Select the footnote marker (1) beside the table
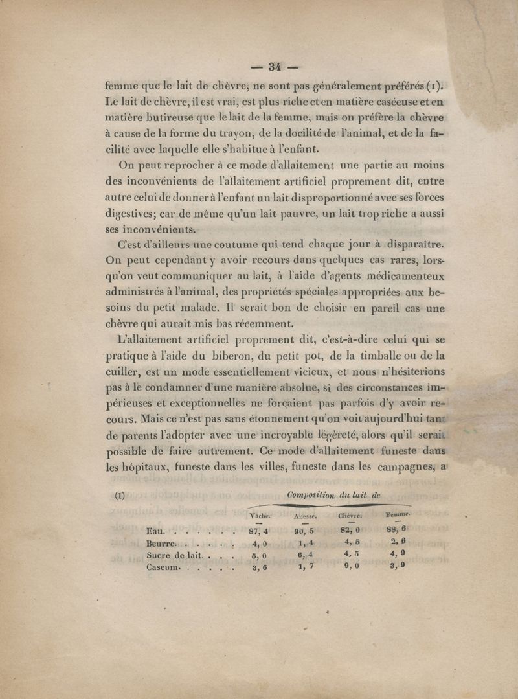[x=119, y=497]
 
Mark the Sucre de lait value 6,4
[x=303, y=555]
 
